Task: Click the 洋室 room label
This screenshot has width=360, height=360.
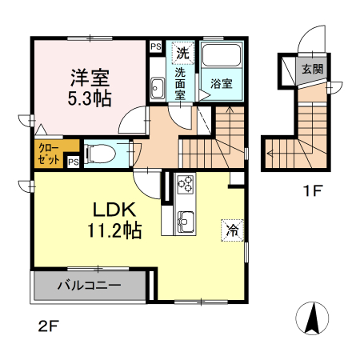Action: coord(89,78)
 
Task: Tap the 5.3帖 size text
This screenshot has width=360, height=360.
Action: coord(89,98)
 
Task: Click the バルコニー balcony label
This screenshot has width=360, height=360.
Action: coord(88,285)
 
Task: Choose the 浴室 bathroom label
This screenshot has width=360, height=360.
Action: coord(222,82)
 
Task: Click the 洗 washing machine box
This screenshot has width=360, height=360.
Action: coord(182,54)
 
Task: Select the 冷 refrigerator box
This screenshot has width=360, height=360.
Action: coord(232,228)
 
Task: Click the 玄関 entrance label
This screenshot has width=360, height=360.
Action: coord(312,70)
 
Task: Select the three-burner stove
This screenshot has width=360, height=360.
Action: coord(186,185)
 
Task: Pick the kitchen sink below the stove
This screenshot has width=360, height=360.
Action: coord(186,219)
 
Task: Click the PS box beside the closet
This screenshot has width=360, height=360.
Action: coord(74,162)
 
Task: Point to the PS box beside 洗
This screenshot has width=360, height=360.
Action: coord(155,46)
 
